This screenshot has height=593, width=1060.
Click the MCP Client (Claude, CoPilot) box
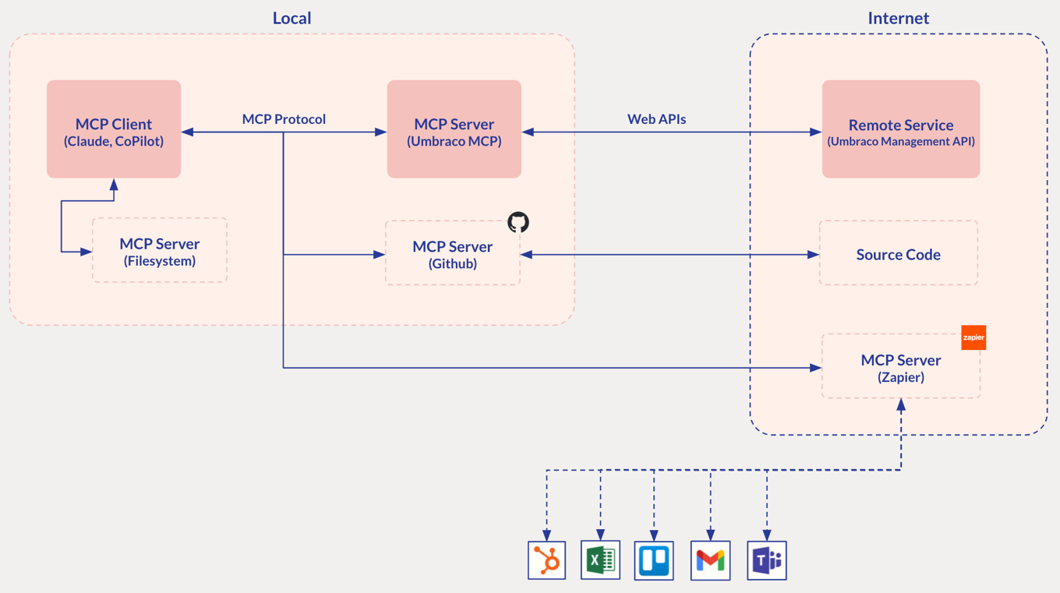point(114,129)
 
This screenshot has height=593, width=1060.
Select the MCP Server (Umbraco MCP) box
point(454,129)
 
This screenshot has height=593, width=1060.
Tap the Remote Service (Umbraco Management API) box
point(900,129)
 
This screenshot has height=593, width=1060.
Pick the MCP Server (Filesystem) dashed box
point(160,250)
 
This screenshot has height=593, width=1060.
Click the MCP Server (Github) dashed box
point(452,253)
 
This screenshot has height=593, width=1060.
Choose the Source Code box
point(898,253)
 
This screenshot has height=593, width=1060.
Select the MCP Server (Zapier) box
point(900,366)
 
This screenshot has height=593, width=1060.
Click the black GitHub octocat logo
point(518,222)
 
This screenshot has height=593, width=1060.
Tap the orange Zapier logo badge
point(973,337)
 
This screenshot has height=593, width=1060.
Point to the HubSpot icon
point(546,560)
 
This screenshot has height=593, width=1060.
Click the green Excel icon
point(600,560)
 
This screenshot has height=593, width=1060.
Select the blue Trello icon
point(654,560)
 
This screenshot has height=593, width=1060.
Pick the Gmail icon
point(710,560)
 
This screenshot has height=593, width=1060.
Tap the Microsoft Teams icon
point(766,560)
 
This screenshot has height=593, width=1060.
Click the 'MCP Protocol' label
point(284,119)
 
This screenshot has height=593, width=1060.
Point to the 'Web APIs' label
point(656,119)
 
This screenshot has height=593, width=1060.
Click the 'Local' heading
point(291,18)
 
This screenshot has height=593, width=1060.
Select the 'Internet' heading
point(898,18)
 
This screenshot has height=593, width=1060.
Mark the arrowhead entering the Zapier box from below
point(901,405)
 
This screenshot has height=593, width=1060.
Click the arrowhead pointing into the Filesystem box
point(87,252)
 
